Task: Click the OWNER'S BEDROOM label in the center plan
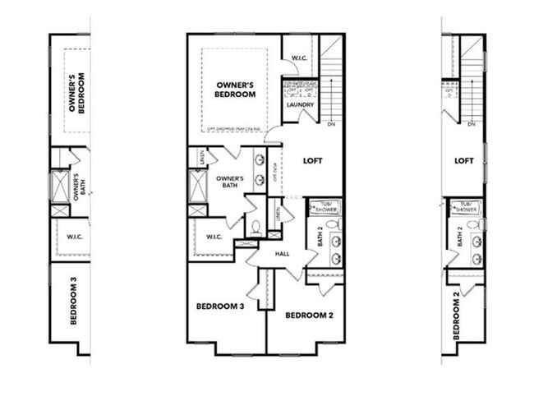click(x=236, y=90)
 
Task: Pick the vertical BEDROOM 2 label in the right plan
click(x=457, y=316)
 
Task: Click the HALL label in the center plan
click(x=283, y=255)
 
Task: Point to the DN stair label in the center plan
click(x=331, y=125)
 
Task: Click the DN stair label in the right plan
click(x=472, y=125)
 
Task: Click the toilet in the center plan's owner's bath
click(x=255, y=228)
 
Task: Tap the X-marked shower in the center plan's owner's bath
click(x=197, y=186)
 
